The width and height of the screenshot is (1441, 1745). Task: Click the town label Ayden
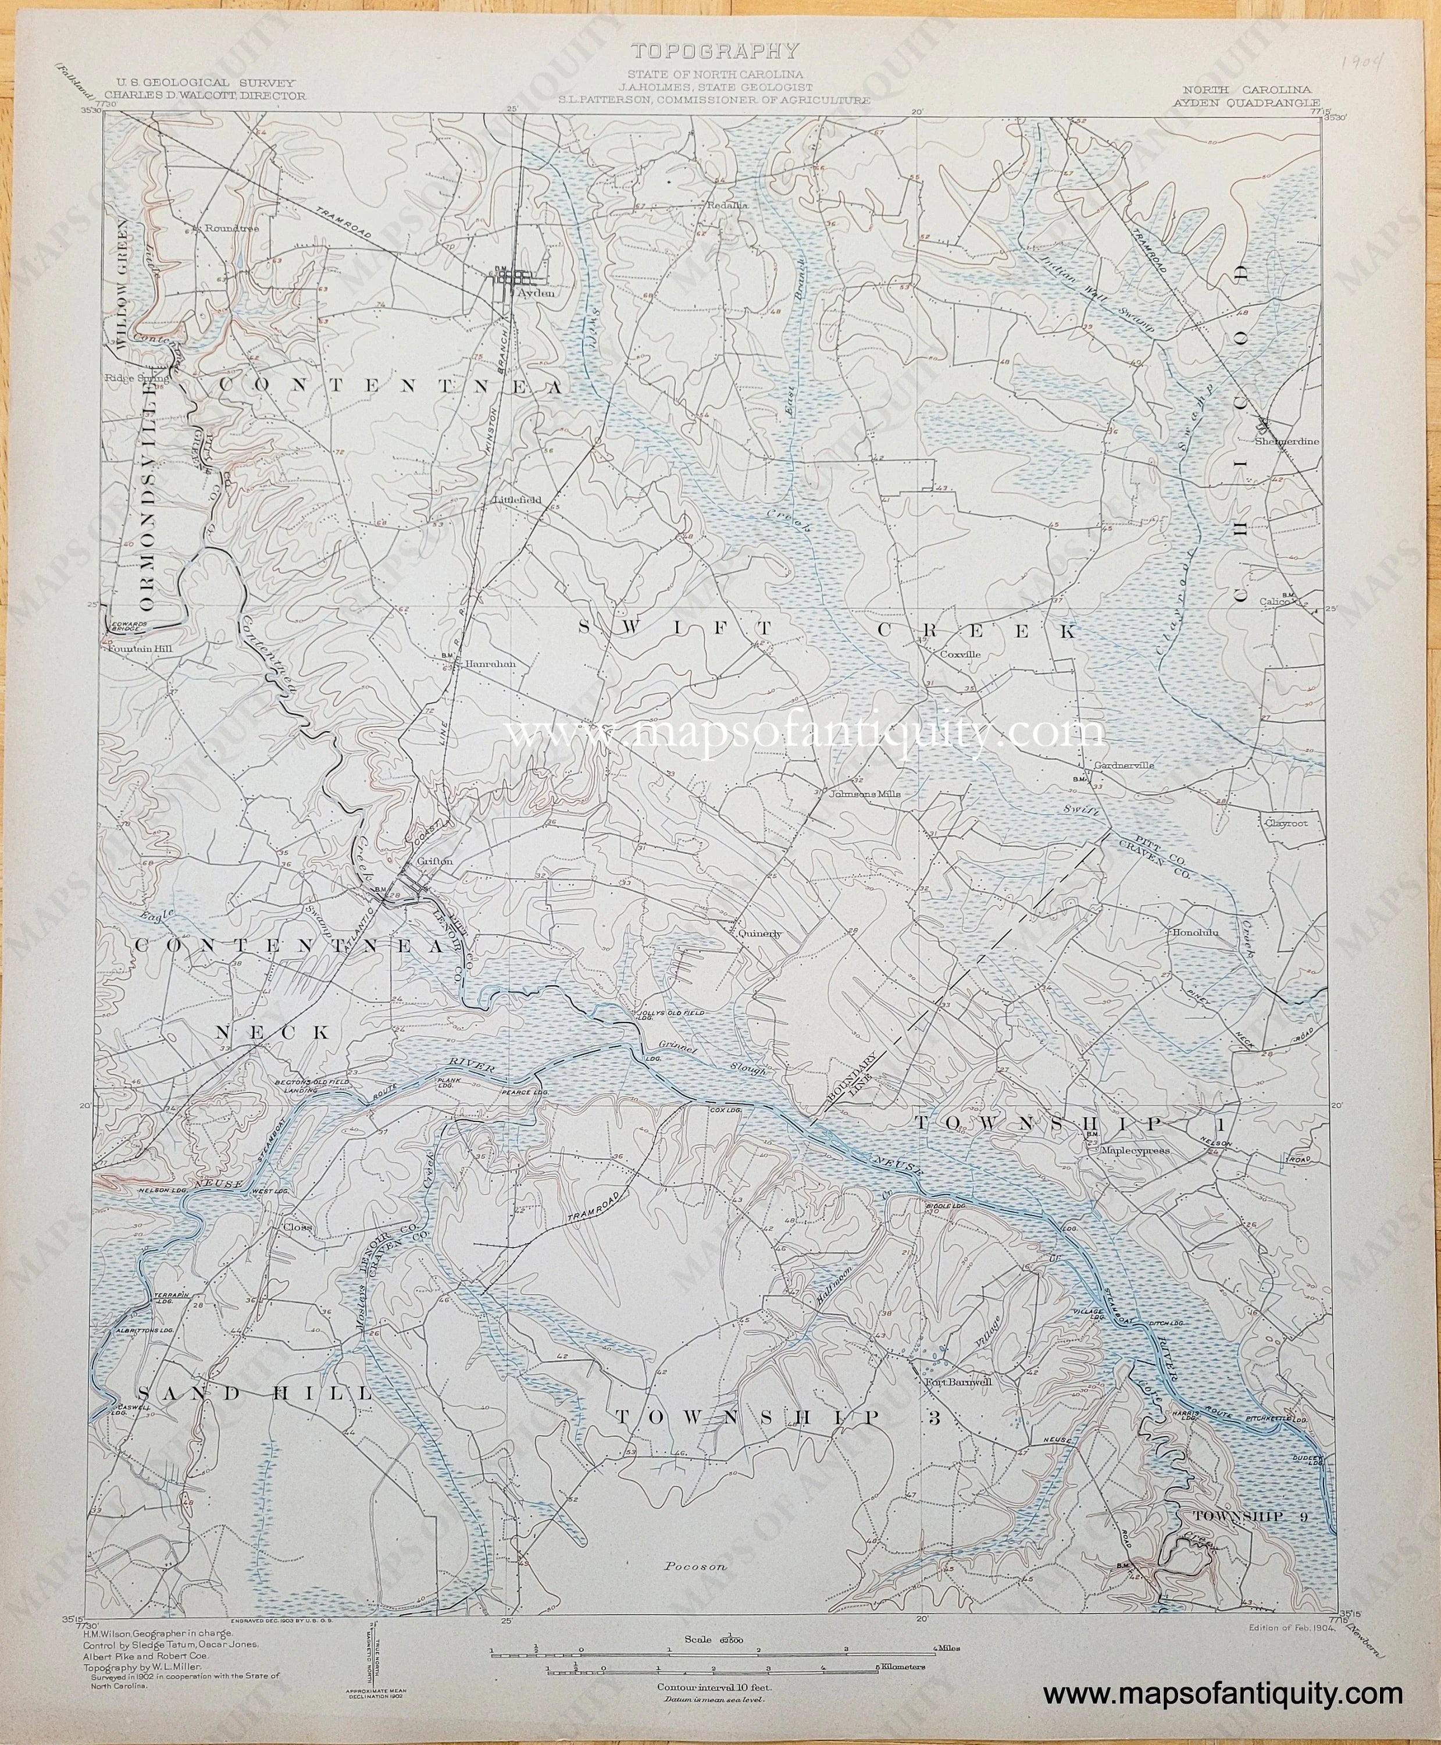click(536, 293)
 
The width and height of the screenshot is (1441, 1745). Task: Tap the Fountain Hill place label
click(138, 650)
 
